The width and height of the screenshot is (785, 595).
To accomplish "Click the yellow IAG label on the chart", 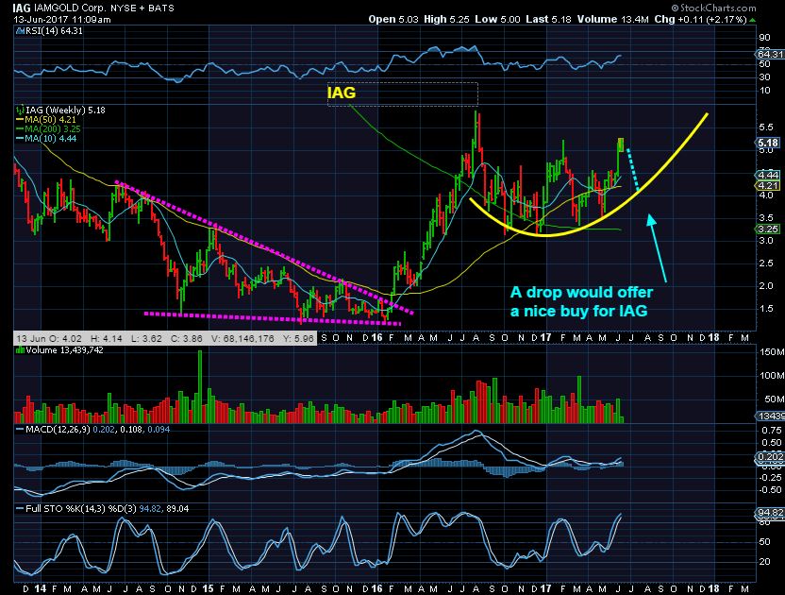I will [x=342, y=93].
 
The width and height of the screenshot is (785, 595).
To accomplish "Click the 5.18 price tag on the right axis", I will [x=766, y=143].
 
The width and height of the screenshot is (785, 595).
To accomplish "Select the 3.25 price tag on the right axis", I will [x=766, y=228].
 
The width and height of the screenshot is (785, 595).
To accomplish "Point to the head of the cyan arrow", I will [x=648, y=219].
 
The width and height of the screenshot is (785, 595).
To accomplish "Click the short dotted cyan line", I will [x=632, y=168].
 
